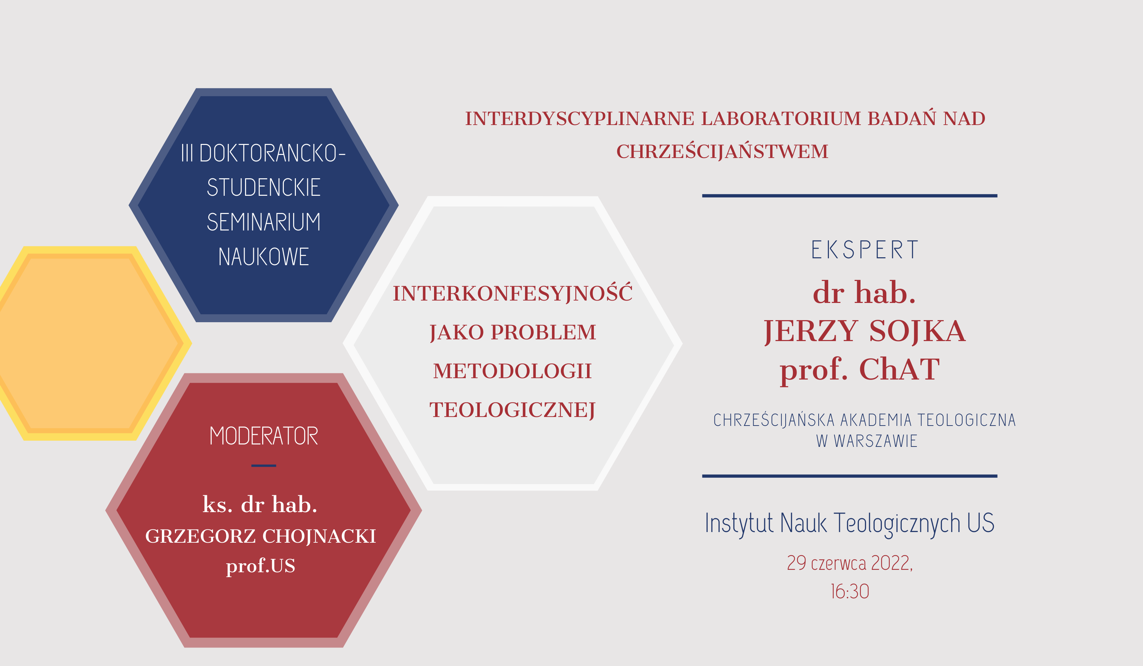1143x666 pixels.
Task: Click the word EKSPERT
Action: (865, 250)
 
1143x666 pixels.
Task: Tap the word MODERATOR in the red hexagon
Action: (264, 436)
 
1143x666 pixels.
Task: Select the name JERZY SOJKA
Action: (865, 331)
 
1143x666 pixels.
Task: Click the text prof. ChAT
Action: (859, 370)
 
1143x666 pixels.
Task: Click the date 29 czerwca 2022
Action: (850, 563)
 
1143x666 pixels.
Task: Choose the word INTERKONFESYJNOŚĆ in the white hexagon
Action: (512, 293)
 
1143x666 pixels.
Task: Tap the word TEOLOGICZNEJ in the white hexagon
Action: (512, 410)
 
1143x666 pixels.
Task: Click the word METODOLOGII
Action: (512, 371)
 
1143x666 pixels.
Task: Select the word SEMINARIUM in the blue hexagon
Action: (264, 222)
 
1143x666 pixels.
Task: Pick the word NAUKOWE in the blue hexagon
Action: (264, 257)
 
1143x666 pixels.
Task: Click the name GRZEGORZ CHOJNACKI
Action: (260, 536)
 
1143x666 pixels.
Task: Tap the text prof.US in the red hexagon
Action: (260, 566)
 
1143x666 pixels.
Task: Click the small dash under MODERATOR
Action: (264, 466)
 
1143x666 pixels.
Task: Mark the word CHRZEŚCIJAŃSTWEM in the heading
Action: (722, 151)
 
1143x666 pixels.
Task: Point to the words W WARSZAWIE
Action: (866, 441)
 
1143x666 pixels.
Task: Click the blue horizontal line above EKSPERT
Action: (850, 196)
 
